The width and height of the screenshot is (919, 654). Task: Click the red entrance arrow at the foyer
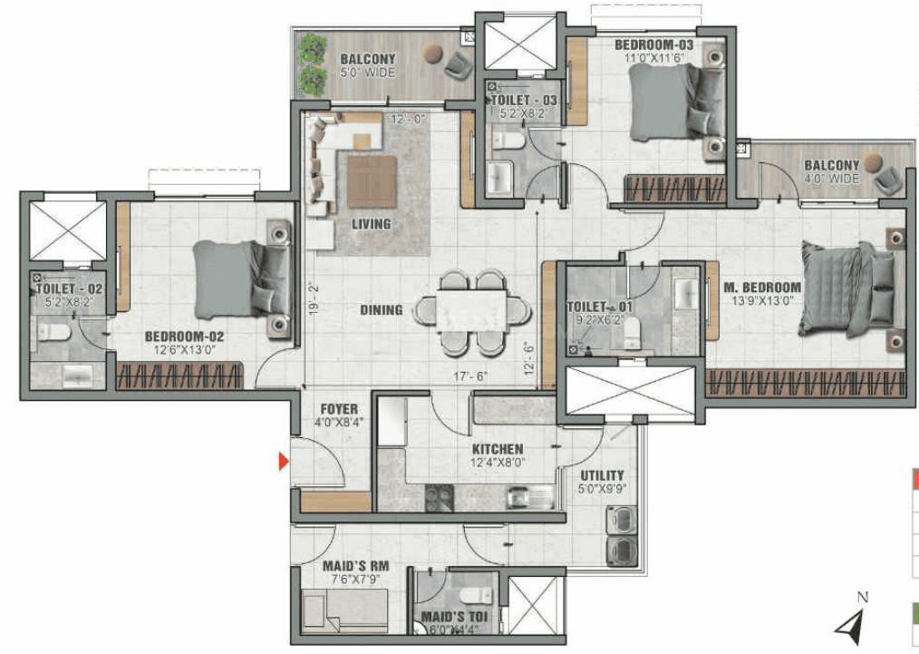coord(284,463)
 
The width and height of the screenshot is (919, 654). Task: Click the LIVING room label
coord(371,224)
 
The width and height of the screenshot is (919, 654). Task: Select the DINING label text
coord(381,309)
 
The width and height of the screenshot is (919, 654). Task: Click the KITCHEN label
coord(498,449)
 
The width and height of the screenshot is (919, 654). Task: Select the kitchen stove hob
coord(440,498)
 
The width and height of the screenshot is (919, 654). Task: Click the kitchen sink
coord(529,498)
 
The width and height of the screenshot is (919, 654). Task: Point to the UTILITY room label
coord(602,475)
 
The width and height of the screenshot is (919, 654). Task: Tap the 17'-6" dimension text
coord(470,376)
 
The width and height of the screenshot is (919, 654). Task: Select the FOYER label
coord(339,409)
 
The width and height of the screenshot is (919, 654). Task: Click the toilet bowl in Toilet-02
coord(53,333)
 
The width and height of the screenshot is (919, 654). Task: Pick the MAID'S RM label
coord(355,566)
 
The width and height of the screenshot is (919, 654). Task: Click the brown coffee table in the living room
coord(372,181)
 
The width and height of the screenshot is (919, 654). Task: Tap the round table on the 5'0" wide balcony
coord(434,53)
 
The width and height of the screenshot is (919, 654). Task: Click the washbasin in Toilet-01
coord(685,293)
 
